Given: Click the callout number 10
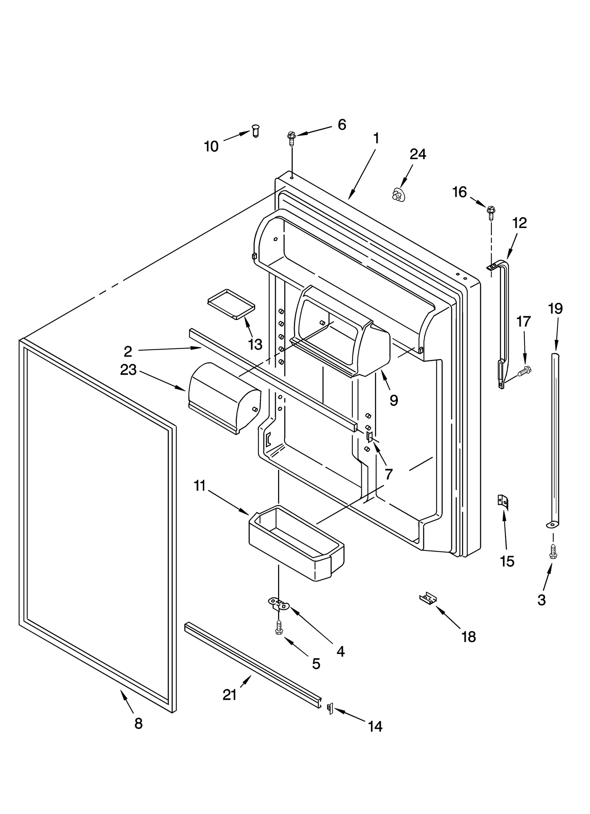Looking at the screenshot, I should [211, 147].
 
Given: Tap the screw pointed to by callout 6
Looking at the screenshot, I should [291, 137].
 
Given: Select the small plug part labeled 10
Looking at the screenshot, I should [255, 130].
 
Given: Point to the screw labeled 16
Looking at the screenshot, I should [491, 211].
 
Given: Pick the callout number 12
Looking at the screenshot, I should [520, 223].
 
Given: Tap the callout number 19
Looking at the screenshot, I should [555, 308].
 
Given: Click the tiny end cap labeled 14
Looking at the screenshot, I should [330, 708].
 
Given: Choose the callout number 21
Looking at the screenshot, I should [229, 695].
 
